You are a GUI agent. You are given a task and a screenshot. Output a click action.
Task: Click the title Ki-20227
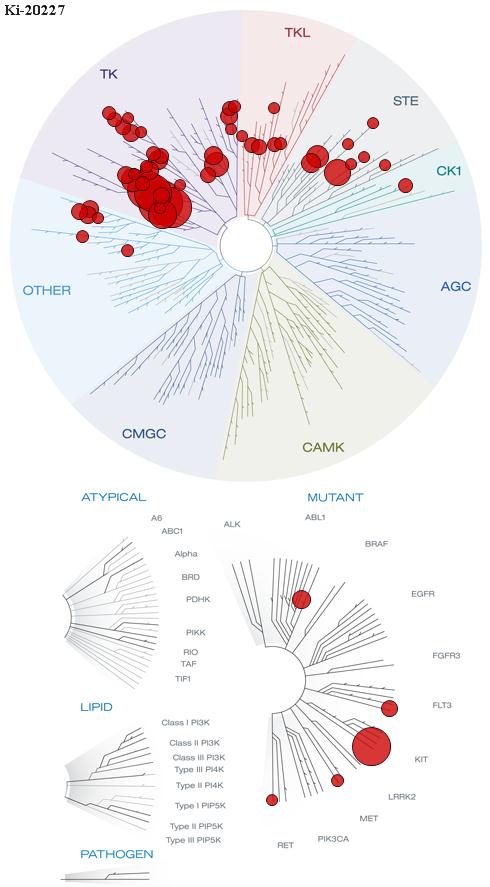[x=33, y=10]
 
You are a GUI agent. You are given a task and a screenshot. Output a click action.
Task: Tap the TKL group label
[x=297, y=33]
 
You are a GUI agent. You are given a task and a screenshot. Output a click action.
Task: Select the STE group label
[x=406, y=101]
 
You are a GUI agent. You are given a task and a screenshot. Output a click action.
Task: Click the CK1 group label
[x=449, y=170]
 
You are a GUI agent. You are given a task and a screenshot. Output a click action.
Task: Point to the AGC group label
[x=455, y=286]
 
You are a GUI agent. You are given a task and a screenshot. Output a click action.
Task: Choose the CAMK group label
[x=323, y=447]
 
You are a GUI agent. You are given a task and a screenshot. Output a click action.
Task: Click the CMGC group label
[x=144, y=434]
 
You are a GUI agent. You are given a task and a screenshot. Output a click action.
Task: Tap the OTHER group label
[x=47, y=291]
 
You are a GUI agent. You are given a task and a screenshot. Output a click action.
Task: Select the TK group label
[x=109, y=74]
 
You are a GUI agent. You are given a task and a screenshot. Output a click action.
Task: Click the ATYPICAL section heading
[x=114, y=497]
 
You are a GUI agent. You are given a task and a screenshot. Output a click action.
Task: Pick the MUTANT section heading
[x=335, y=497]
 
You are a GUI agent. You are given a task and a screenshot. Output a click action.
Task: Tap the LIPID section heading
[x=96, y=707]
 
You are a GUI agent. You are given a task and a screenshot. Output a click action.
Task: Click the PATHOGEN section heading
[x=117, y=854]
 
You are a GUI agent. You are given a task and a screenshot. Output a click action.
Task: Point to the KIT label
[x=421, y=759]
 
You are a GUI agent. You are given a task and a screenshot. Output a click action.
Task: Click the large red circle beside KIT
[x=371, y=747]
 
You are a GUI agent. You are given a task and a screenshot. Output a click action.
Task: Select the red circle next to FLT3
[x=389, y=708]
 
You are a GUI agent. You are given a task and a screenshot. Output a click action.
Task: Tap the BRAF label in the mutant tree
[x=376, y=544]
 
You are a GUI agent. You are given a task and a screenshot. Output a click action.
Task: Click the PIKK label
[x=195, y=632]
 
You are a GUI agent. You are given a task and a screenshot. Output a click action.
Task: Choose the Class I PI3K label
[x=186, y=722]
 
